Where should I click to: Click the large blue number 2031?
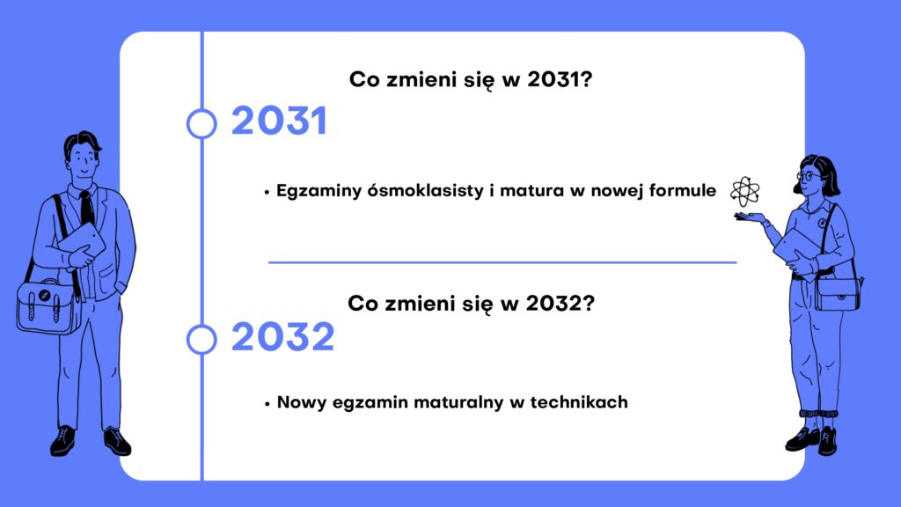(x=279, y=121)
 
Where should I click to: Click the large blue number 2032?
(x=282, y=336)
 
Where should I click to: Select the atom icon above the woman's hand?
(x=744, y=191)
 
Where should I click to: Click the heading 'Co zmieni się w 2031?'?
(x=471, y=79)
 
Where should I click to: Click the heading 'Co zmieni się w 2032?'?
(x=472, y=303)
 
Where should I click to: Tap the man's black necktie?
(x=87, y=208)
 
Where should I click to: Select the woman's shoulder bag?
(x=839, y=294)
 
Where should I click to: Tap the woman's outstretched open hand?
(x=750, y=217)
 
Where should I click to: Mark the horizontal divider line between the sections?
(x=502, y=262)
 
